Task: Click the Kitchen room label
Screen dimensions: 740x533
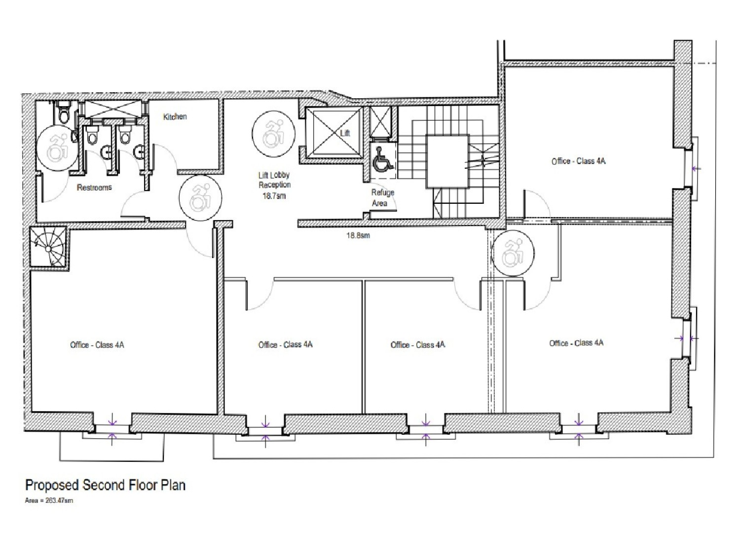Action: click(175, 116)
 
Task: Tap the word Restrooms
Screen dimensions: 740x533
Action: click(94, 188)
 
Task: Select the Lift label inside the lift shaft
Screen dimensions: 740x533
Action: click(345, 133)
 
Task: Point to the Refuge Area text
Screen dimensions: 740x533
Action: click(382, 197)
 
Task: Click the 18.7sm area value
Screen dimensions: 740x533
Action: click(274, 195)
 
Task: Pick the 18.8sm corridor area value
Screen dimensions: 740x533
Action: click(358, 235)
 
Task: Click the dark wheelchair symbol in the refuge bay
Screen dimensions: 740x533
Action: click(382, 160)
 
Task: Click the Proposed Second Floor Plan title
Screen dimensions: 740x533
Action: click(106, 486)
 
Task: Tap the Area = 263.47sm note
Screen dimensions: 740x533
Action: click(49, 500)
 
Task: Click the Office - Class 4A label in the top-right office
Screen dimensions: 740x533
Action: click(579, 161)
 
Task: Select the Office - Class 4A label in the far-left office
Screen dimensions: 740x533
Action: click(97, 345)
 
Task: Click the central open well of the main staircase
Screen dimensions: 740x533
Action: click(447, 161)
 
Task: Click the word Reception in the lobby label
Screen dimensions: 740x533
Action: click(274, 185)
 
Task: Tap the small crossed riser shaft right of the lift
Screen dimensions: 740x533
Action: click(380, 121)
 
